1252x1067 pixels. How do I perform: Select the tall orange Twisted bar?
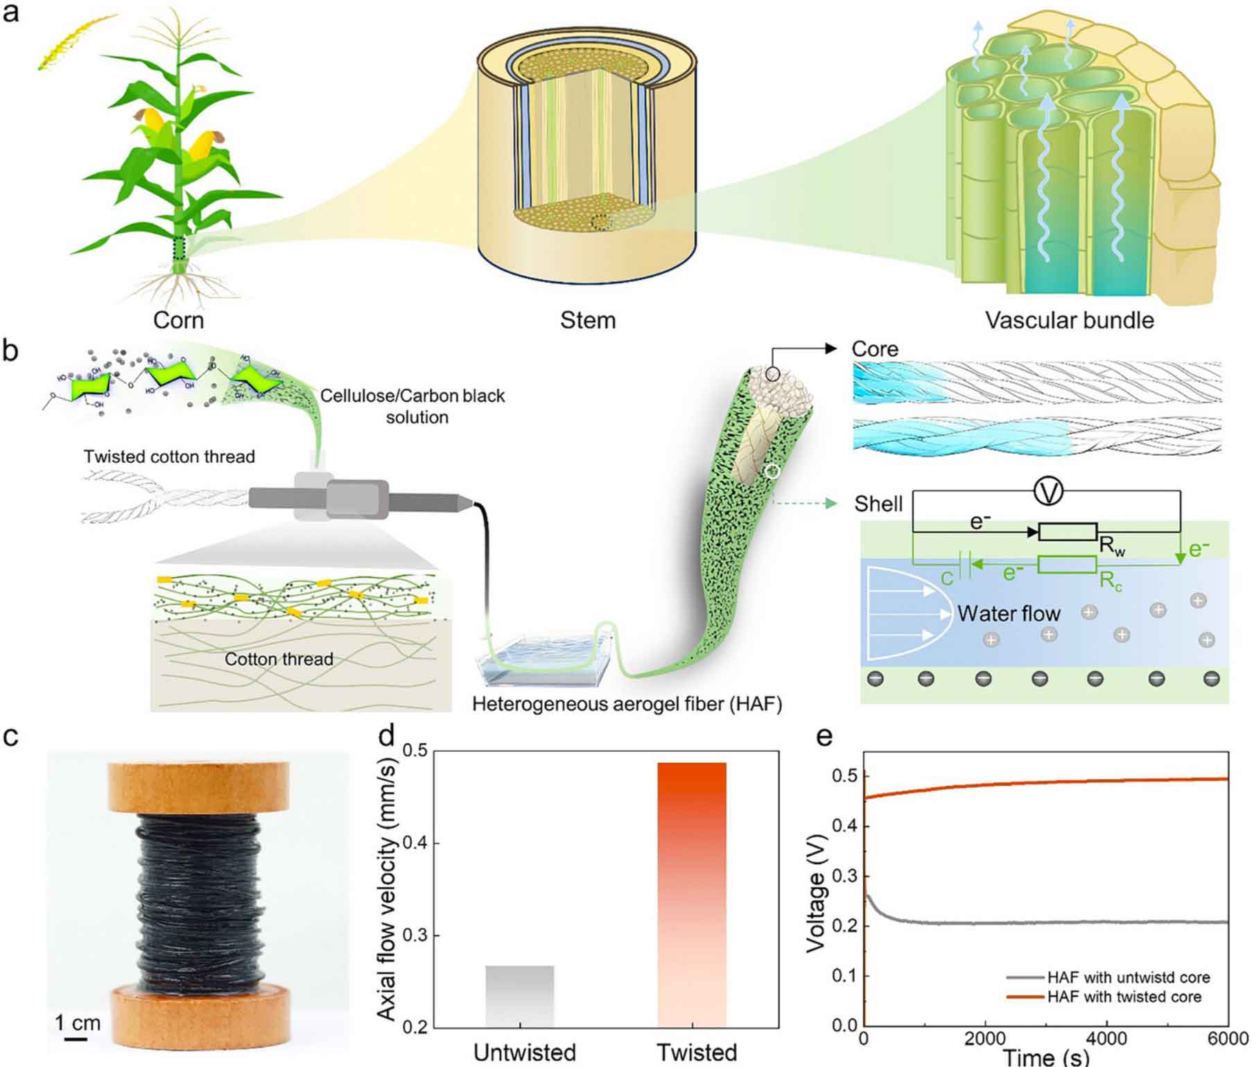[691, 894]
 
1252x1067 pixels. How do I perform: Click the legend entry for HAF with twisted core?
[1124, 997]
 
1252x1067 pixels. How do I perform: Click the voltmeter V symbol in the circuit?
[1048, 492]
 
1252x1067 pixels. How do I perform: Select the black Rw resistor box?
[1068, 532]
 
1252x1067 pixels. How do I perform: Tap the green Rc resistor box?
[1067, 565]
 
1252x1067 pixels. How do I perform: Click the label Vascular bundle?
[1070, 320]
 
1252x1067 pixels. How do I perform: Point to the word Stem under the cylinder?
[588, 320]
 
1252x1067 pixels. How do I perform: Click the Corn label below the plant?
[178, 320]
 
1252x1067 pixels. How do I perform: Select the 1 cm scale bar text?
[78, 1023]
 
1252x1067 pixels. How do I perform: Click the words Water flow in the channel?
[1009, 613]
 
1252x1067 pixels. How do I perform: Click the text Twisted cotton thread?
[169, 457]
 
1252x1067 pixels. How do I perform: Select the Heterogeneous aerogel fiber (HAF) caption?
[627, 705]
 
